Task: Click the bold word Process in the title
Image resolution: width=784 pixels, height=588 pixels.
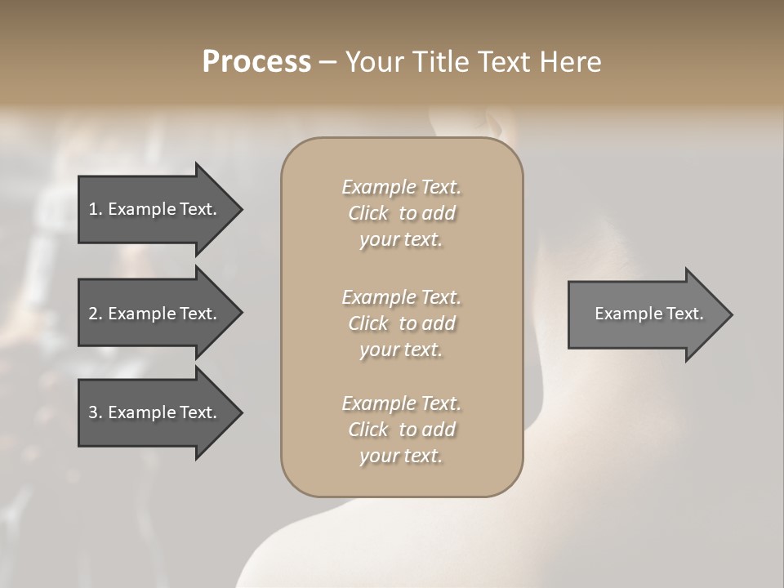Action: [x=256, y=62]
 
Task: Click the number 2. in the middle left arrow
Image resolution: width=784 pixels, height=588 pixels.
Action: [x=96, y=314]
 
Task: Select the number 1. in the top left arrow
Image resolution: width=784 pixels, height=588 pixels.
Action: [x=96, y=209]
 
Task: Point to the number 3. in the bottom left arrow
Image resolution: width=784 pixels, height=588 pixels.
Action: [x=96, y=412]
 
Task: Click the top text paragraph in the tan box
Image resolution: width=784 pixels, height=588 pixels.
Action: [x=401, y=213]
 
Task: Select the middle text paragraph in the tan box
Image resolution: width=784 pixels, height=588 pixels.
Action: [x=401, y=323]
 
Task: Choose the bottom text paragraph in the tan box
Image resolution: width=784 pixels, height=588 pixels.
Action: [x=401, y=430]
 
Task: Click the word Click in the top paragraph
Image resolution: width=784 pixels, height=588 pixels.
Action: [x=368, y=214]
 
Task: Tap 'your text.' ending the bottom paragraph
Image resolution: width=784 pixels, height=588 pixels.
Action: [x=401, y=456]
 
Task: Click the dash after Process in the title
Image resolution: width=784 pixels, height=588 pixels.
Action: [x=327, y=63]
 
